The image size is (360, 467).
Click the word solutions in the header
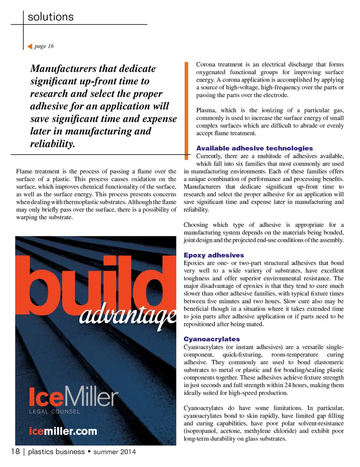point(51,17)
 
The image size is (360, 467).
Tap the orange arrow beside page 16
point(30,47)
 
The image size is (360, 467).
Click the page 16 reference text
point(44,46)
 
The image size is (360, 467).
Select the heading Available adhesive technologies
point(254,148)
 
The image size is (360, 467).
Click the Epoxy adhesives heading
point(214,255)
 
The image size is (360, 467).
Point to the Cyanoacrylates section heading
point(211,339)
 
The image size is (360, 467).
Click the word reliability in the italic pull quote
point(52,144)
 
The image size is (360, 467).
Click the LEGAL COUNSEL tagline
point(55,411)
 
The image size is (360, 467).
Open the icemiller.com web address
point(63,431)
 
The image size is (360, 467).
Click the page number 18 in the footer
point(15,451)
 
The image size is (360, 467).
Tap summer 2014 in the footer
point(114,452)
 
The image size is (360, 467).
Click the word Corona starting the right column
point(205,65)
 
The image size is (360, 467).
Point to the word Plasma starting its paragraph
point(206,110)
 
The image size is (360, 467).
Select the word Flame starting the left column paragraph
point(24,171)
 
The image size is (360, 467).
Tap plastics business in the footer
point(56,452)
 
